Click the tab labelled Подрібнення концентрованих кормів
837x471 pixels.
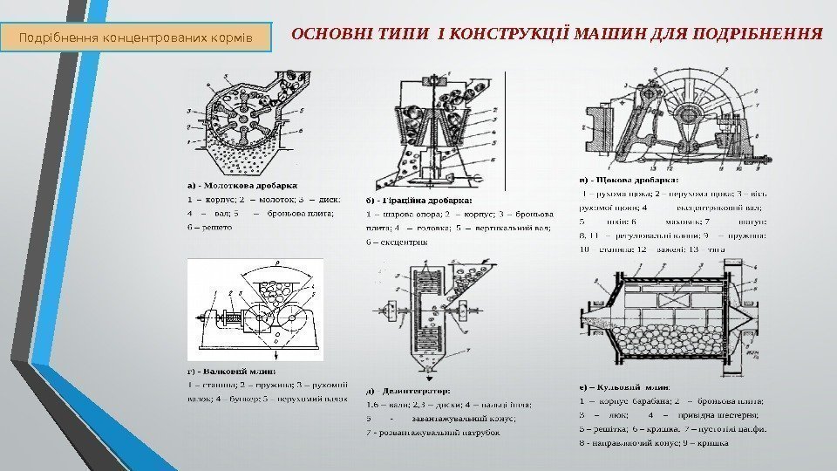coord(141,38)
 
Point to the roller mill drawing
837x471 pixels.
coord(255,310)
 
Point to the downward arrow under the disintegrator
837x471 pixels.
coord(428,379)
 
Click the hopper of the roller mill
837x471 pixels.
coord(271,287)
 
